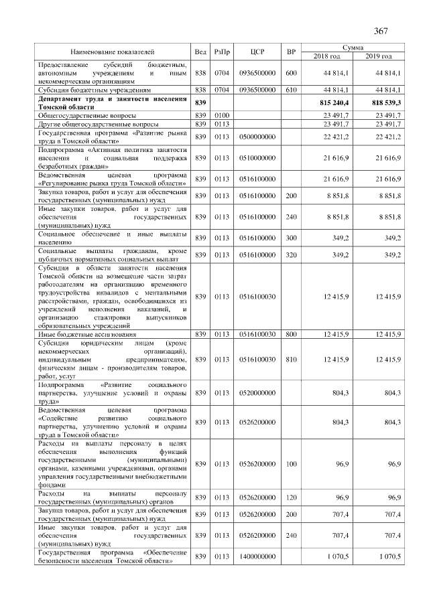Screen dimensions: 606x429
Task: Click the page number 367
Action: (381, 31)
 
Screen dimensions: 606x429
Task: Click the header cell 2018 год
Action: (326, 56)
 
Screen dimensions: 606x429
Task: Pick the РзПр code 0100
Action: (221, 116)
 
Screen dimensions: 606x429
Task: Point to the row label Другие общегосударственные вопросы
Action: (99, 124)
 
